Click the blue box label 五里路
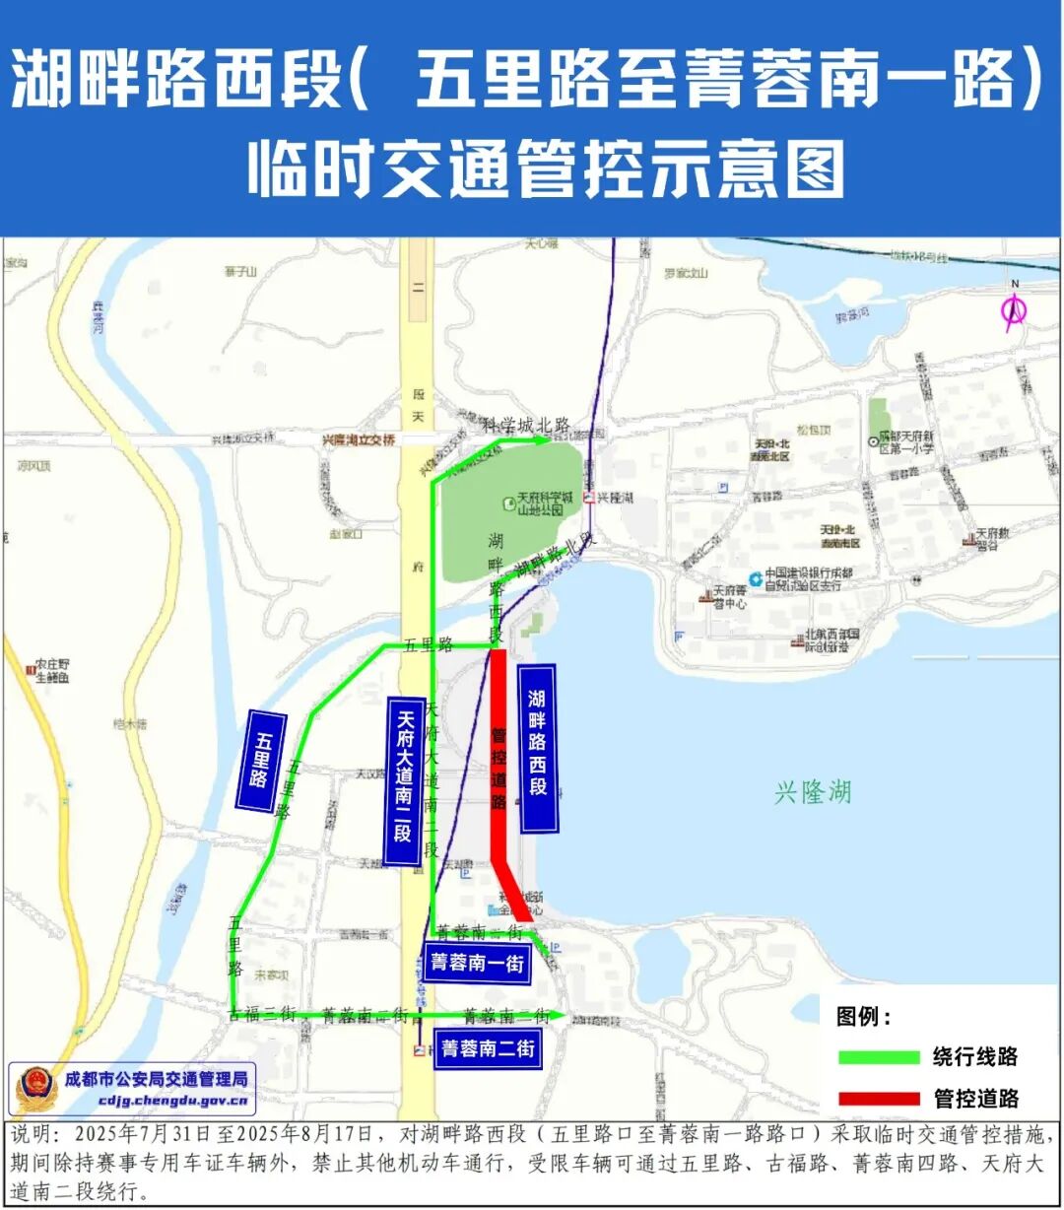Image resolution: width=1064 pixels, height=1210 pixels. pos(261,761)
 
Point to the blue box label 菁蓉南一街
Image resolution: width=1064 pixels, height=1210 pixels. pos(477,962)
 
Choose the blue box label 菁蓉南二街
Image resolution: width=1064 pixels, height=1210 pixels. pos(488,1048)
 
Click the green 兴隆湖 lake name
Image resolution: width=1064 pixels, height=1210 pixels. pos(812,792)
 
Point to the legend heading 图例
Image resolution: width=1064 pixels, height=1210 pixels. pos(863,1017)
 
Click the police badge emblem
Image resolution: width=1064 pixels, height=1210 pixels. pos(35,1088)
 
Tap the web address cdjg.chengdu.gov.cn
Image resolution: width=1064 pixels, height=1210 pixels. pos(173,1101)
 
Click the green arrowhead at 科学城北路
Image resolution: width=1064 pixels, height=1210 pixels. pos(543,440)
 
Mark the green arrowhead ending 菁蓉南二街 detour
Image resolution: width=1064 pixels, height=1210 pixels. pos(559,1014)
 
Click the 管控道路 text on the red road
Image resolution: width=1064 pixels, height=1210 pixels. pos(499,769)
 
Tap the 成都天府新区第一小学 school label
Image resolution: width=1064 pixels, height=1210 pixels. pos(904,441)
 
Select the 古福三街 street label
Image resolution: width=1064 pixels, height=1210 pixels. pos(262,1014)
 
